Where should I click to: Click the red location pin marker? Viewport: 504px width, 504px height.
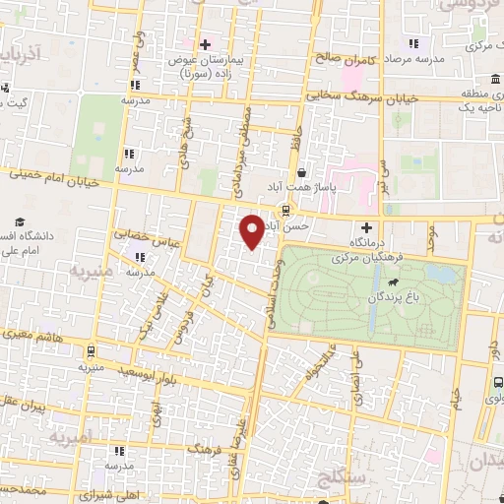(x=252, y=231)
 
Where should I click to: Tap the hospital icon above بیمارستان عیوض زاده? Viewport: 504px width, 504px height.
(x=205, y=44)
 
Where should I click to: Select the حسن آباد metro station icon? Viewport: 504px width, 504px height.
(x=285, y=210)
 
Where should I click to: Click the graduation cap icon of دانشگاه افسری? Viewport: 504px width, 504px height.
(x=20, y=224)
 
